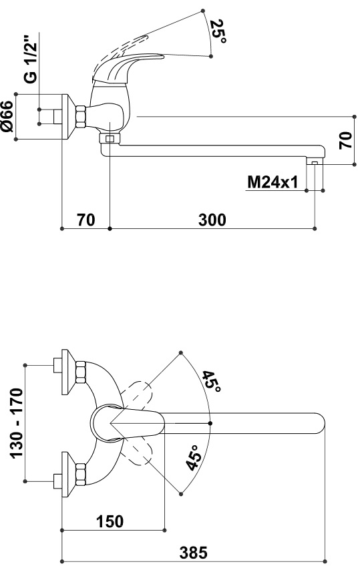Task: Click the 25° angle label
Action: pyautogui.click(x=218, y=31)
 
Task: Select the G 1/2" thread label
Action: pyautogui.click(x=32, y=59)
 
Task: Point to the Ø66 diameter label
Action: pyautogui.click(x=7, y=116)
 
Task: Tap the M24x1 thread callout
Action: pyautogui.click(x=273, y=182)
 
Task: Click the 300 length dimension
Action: pyautogui.click(x=212, y=220)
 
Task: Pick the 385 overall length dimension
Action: pyautogui.click(x=194, y=553)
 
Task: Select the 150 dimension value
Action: pyautogui.click(x=110, y=521)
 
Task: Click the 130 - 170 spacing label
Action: pyautogui.click(x=17, y=423)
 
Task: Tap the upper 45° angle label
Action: pyautogui.click(x=211, y=382)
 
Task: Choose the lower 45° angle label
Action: pyautogui.click(x=194, y=458)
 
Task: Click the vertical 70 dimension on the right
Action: pyautogui.click(x=345, y=140)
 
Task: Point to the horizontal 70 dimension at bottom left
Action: pyautogui.click(x=86, y=220)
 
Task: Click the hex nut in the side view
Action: pyautogui.click(x=81, y=117)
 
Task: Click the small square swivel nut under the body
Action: pyautogui.click(x=109, y=139)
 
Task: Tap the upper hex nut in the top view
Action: pyautogui.click(x=81, y=372)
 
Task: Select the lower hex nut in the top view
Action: pyautogui.click(x=81, y=474)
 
